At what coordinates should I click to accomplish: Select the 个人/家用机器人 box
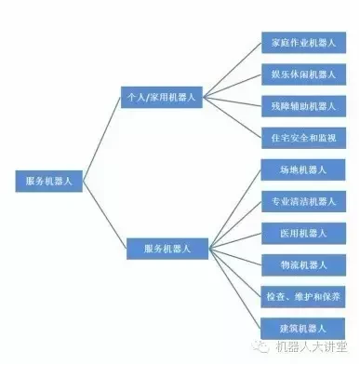163,96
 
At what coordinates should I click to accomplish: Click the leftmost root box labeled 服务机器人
49,182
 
